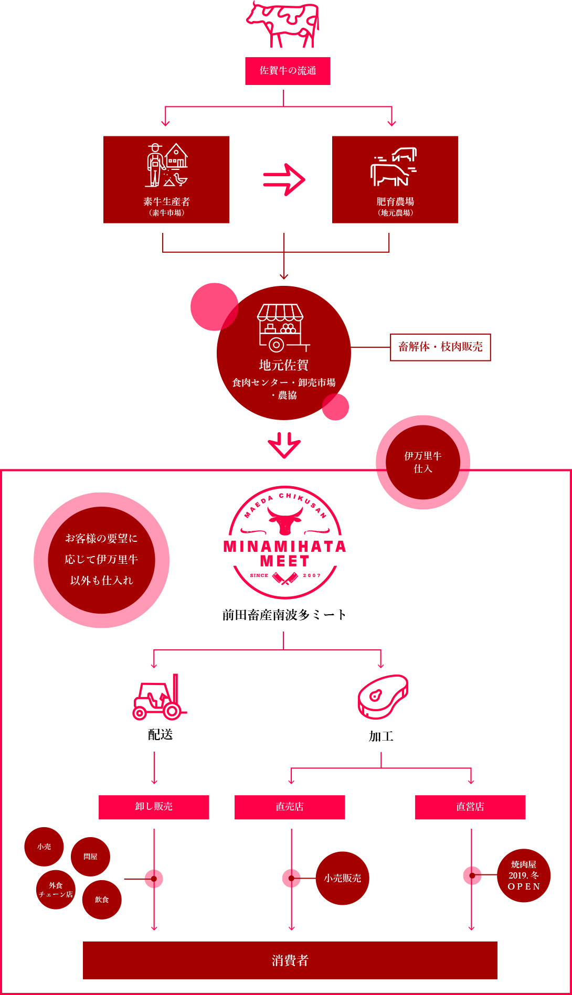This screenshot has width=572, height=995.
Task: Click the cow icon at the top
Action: point(283,24)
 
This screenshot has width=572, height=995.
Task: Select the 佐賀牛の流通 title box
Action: point(288,71)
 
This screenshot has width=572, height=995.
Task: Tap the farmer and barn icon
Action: point(166,165)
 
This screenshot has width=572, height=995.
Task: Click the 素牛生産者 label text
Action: point(166,202)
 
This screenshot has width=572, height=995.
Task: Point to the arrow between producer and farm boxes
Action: point(283,179)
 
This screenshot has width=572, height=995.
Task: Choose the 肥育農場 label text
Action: point(395,202)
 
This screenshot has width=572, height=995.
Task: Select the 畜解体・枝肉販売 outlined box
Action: point(440,347)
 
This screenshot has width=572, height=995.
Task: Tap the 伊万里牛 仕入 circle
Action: point(423,462)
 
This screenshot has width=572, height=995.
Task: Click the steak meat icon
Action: point(383,697)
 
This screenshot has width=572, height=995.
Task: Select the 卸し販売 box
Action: point(154,807)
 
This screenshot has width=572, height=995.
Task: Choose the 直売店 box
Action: point(290,807)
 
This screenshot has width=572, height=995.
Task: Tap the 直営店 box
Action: point(470,807)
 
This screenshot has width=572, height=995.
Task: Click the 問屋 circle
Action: point(90,857)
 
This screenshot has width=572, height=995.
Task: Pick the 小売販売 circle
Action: point(342,878)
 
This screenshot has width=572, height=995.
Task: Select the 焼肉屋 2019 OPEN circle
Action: point(524,875)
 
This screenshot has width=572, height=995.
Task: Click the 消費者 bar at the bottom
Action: point(290,960)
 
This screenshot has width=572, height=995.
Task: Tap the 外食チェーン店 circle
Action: point(56,890)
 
